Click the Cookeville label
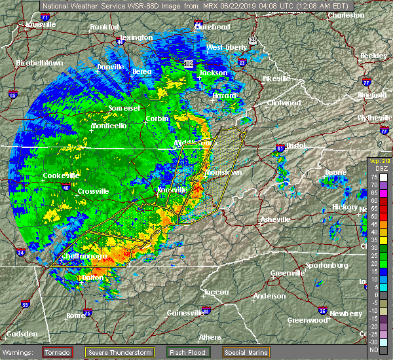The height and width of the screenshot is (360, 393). click(61, 175)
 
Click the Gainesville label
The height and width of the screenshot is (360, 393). click(185, 313)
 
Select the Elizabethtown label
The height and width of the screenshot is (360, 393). click(39, 63)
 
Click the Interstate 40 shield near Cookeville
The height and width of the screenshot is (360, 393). click(65, 187)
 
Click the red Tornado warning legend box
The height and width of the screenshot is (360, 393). click(58, 351)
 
